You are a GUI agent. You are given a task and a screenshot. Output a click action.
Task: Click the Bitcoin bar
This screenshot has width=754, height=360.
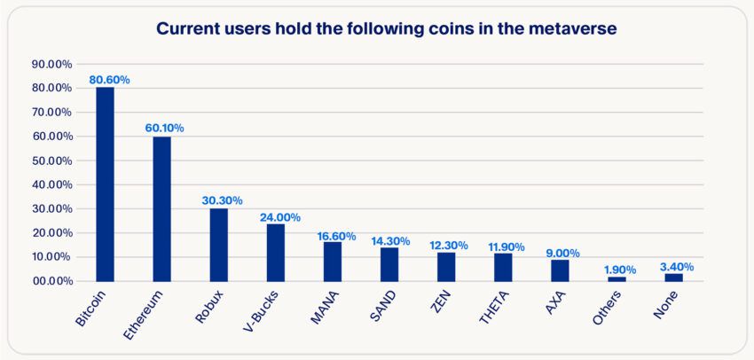click(105, 184)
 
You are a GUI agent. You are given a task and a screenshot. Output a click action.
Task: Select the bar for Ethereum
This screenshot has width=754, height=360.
click(161, 208)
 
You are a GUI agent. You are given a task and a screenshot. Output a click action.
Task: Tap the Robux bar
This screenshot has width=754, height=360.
click(218, 244)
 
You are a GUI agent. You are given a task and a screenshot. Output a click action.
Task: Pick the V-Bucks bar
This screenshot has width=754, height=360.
click(275, 252)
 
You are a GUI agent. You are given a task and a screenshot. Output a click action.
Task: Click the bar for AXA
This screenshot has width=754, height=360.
click(559, 270)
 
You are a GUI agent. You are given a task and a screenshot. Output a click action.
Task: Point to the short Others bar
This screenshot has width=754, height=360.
click(616, 278)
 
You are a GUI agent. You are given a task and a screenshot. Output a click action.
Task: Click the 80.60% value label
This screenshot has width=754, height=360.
click(110, 80)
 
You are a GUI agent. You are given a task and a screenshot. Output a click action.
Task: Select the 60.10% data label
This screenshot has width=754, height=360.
click(165, 128)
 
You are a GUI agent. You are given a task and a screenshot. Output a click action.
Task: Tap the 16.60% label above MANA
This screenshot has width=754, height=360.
click(336, 237)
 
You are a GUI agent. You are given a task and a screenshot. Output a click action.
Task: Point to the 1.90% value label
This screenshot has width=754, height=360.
click(620, 270)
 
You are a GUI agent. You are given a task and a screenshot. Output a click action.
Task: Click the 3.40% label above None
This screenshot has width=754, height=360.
click(677, 266)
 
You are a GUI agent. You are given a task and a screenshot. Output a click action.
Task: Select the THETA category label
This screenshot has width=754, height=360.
click(497, 306)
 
